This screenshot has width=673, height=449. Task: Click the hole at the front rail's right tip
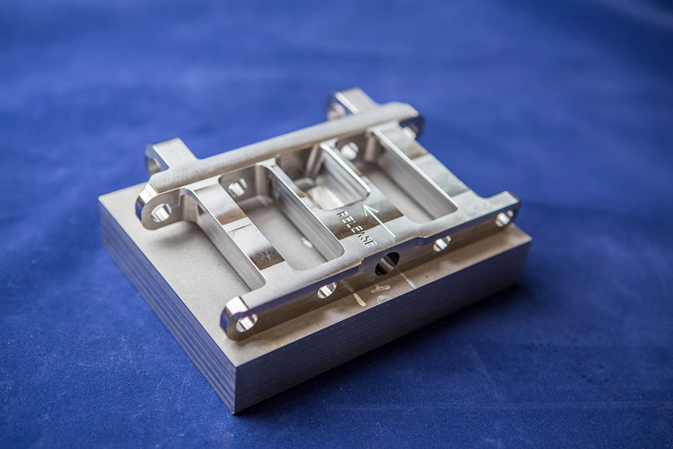[503, 219]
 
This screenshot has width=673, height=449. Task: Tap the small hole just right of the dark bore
[441, 244]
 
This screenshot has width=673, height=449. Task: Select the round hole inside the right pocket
[349, 150]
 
